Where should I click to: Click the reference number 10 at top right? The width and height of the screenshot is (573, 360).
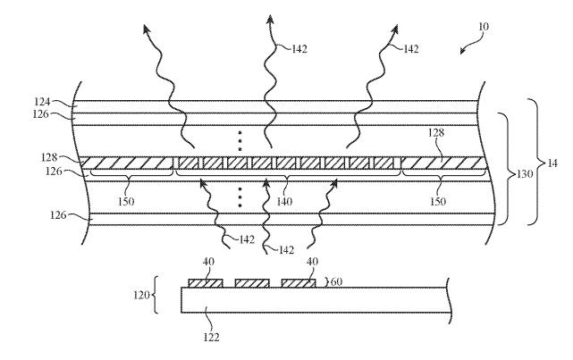tap(485, 28)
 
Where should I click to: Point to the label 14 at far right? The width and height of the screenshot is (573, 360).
tap(553, 163)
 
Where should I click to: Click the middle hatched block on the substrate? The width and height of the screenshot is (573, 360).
tap(251, 282)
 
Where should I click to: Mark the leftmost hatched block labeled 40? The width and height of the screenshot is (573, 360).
tap(205, 282)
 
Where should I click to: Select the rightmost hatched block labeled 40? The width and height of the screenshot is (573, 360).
tap(298, 282)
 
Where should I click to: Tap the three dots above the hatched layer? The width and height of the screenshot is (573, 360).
tap(240, 139)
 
